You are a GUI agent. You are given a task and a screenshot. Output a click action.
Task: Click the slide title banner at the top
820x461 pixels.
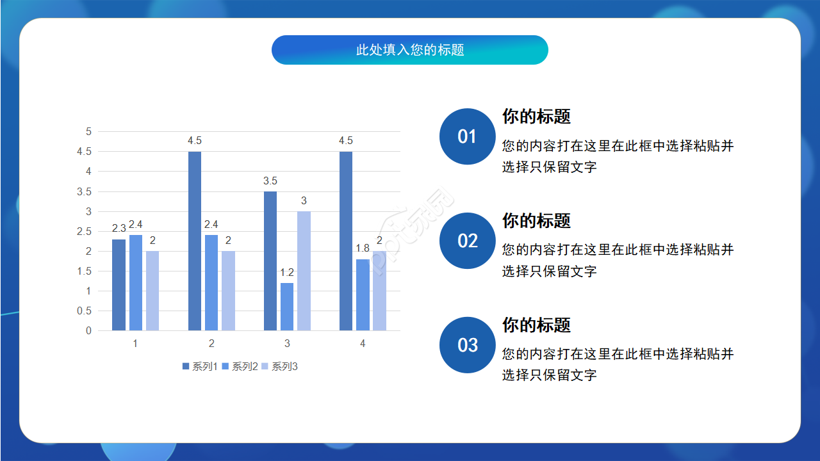[410, 50]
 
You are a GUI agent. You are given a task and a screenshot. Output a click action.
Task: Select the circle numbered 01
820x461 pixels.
[467, 136]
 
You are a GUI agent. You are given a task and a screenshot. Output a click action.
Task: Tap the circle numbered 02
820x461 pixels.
[467, 241]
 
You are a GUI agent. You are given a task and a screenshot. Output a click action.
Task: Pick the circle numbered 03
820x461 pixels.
[467, 345]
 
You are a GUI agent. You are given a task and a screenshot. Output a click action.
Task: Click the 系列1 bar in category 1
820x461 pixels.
[119, 285]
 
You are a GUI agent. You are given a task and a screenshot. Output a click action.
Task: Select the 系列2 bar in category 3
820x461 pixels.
[287, 307]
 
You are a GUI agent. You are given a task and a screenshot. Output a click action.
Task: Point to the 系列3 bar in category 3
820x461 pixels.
[304, 271]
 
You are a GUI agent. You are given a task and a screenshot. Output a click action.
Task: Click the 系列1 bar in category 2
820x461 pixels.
[195, 241]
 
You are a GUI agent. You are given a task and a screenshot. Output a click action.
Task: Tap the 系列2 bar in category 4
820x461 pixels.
[363, 295]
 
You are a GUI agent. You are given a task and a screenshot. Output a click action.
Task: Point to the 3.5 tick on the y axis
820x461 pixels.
[85, 191]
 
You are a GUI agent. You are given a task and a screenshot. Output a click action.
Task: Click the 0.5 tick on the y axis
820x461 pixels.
[85, 311]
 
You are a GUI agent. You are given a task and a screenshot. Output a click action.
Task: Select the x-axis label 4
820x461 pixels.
[363, 344]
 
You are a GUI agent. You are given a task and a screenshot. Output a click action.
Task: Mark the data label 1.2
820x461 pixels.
[287, 273]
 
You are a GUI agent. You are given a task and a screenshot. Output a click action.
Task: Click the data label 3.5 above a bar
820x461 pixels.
[270, 181]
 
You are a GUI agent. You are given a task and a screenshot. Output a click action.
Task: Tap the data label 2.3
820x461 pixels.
[119, 229]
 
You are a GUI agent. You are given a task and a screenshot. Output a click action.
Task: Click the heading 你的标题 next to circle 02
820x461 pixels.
[536, 221]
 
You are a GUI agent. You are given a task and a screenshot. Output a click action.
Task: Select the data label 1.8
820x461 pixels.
[363, 248]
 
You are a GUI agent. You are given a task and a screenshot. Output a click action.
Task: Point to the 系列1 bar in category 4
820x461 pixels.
[346, 241]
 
